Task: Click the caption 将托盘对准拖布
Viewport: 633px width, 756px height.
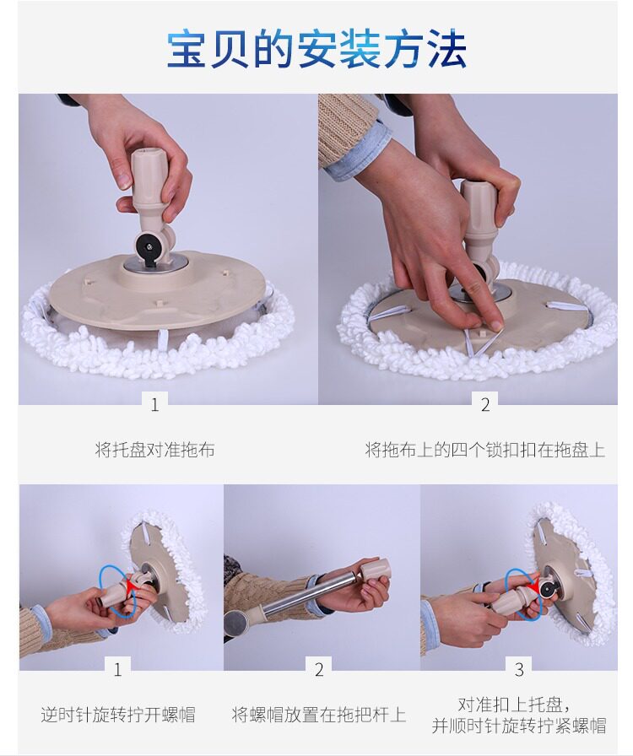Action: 154,450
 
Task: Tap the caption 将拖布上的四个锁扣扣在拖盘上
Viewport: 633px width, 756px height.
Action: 485,450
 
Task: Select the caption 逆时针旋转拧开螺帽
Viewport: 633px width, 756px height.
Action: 118,714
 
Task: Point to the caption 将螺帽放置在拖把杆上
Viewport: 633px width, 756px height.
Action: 318,714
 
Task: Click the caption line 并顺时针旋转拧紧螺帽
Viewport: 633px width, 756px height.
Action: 519,725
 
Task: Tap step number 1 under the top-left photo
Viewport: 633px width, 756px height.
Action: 154,404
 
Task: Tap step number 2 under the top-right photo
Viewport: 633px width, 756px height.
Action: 485,404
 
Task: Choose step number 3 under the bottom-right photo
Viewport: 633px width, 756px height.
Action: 519,669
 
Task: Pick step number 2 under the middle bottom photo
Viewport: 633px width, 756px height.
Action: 319,669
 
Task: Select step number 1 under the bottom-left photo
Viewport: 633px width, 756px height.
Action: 117,669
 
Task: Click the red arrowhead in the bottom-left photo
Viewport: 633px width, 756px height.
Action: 130,586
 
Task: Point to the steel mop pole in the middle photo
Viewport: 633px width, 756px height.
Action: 309,594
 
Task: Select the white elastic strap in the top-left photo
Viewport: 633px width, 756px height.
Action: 163,339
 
